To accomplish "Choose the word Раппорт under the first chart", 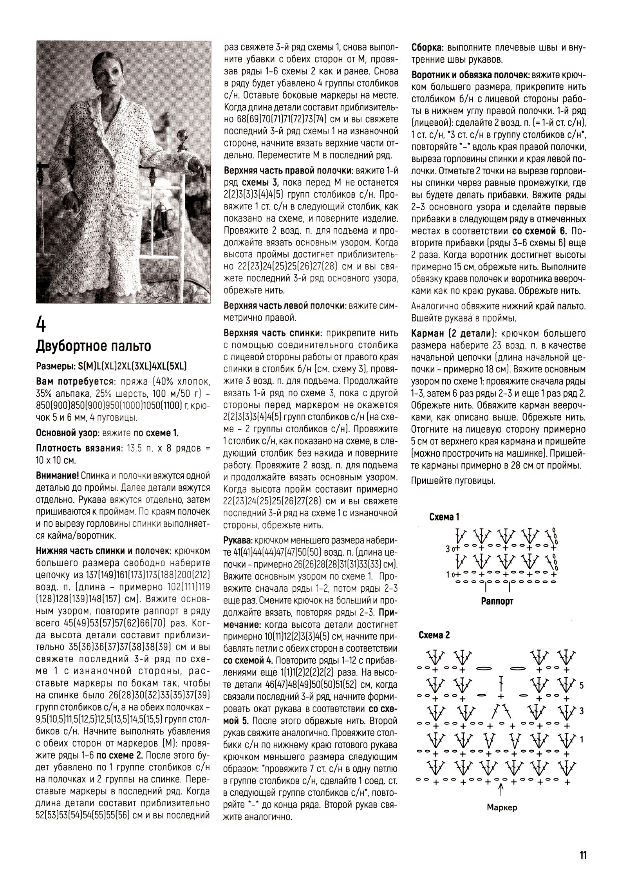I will tap(497, 601).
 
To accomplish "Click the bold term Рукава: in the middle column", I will tap(237, 541).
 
